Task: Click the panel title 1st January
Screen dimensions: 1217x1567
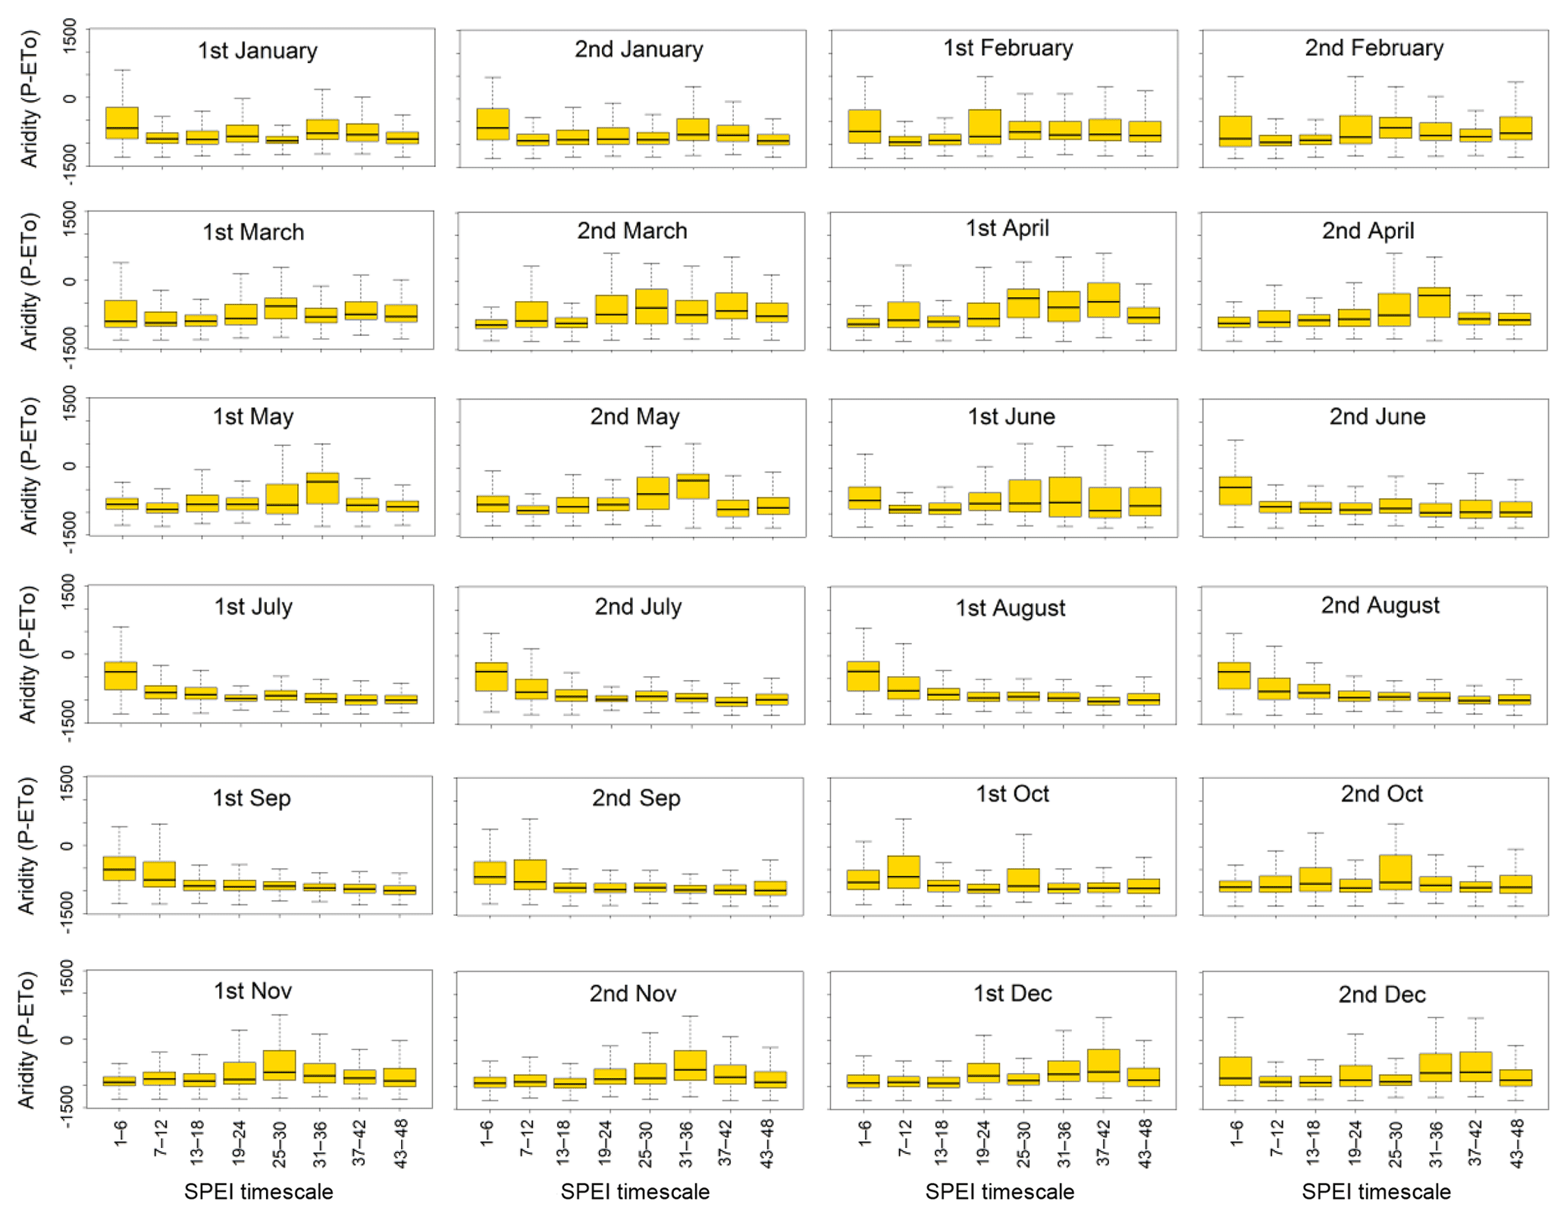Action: (x=257, y=51)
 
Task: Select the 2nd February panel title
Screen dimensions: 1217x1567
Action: (x=1374, y=48)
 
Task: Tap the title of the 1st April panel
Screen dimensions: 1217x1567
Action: (x=1007, y=228)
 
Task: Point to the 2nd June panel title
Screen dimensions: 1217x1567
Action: (x=1377, y=416)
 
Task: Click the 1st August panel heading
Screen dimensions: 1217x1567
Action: (x=1010, y=608)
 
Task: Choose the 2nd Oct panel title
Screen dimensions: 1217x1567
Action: (x=1381, y=794)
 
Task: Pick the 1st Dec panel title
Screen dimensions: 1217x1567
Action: (x=1012, y=993)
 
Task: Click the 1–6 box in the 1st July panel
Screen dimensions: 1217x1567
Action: (x=121, y=676)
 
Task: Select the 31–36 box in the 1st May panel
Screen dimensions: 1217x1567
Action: (x=322, y=488)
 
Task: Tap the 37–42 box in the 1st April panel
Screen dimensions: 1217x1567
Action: (x=1104, y=300)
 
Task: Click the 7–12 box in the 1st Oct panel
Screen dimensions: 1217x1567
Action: (x=903, y=872)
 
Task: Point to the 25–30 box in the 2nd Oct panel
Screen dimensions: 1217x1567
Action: (x=1396, y=872)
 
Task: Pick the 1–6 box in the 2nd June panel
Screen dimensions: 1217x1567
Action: (x=1236, y=491)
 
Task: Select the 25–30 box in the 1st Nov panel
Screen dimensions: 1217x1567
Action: (x=279, y=1065)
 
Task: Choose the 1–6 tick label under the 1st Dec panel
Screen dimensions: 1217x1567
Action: (x=863, y=1132)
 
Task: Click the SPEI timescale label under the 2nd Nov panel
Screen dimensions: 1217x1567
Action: (x=635, y=1192)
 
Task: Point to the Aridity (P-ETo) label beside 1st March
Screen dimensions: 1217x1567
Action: (x=29, y=281)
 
